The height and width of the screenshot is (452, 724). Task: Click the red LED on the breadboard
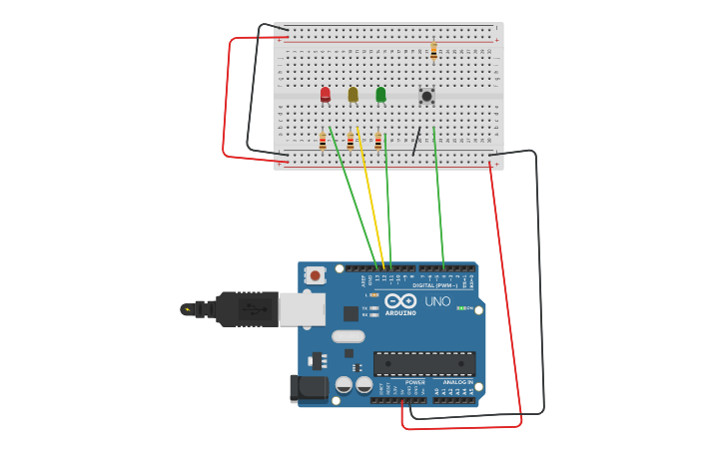326,95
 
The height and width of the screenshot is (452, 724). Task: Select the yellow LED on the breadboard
353,95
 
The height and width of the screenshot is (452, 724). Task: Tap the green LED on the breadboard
380,95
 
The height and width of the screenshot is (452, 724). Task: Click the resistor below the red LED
323,141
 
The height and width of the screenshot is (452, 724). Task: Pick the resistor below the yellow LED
351,141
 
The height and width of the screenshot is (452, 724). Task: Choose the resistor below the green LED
378,141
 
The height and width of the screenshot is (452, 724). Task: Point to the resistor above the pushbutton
433,50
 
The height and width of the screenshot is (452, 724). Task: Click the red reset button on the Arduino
316,275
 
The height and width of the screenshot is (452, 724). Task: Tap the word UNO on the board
438,301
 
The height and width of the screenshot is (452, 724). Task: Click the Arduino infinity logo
400,300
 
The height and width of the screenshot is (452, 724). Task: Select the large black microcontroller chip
424,363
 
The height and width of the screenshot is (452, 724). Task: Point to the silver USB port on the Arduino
301,309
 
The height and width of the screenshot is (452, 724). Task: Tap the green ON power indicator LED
460,308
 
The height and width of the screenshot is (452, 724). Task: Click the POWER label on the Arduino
415,382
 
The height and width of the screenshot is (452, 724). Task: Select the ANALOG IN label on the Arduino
457,382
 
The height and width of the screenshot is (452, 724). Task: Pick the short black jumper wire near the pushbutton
416,142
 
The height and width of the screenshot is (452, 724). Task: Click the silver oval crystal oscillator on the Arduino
349,336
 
